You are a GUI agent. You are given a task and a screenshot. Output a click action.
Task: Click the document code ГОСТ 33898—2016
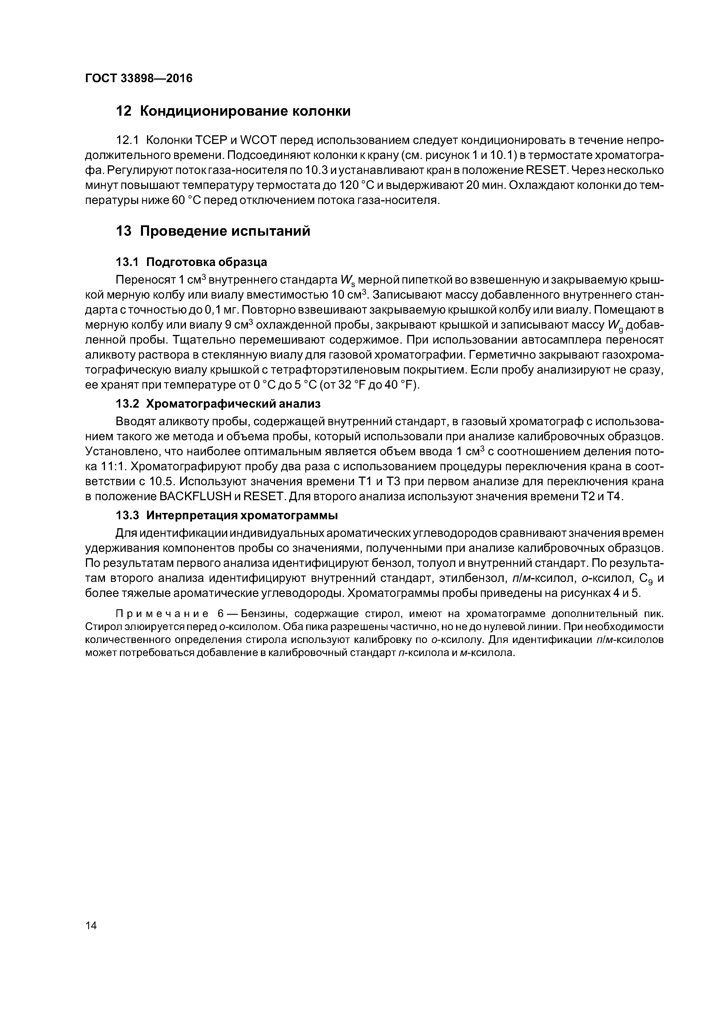138,78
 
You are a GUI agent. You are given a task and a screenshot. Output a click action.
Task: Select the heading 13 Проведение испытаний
213,231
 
